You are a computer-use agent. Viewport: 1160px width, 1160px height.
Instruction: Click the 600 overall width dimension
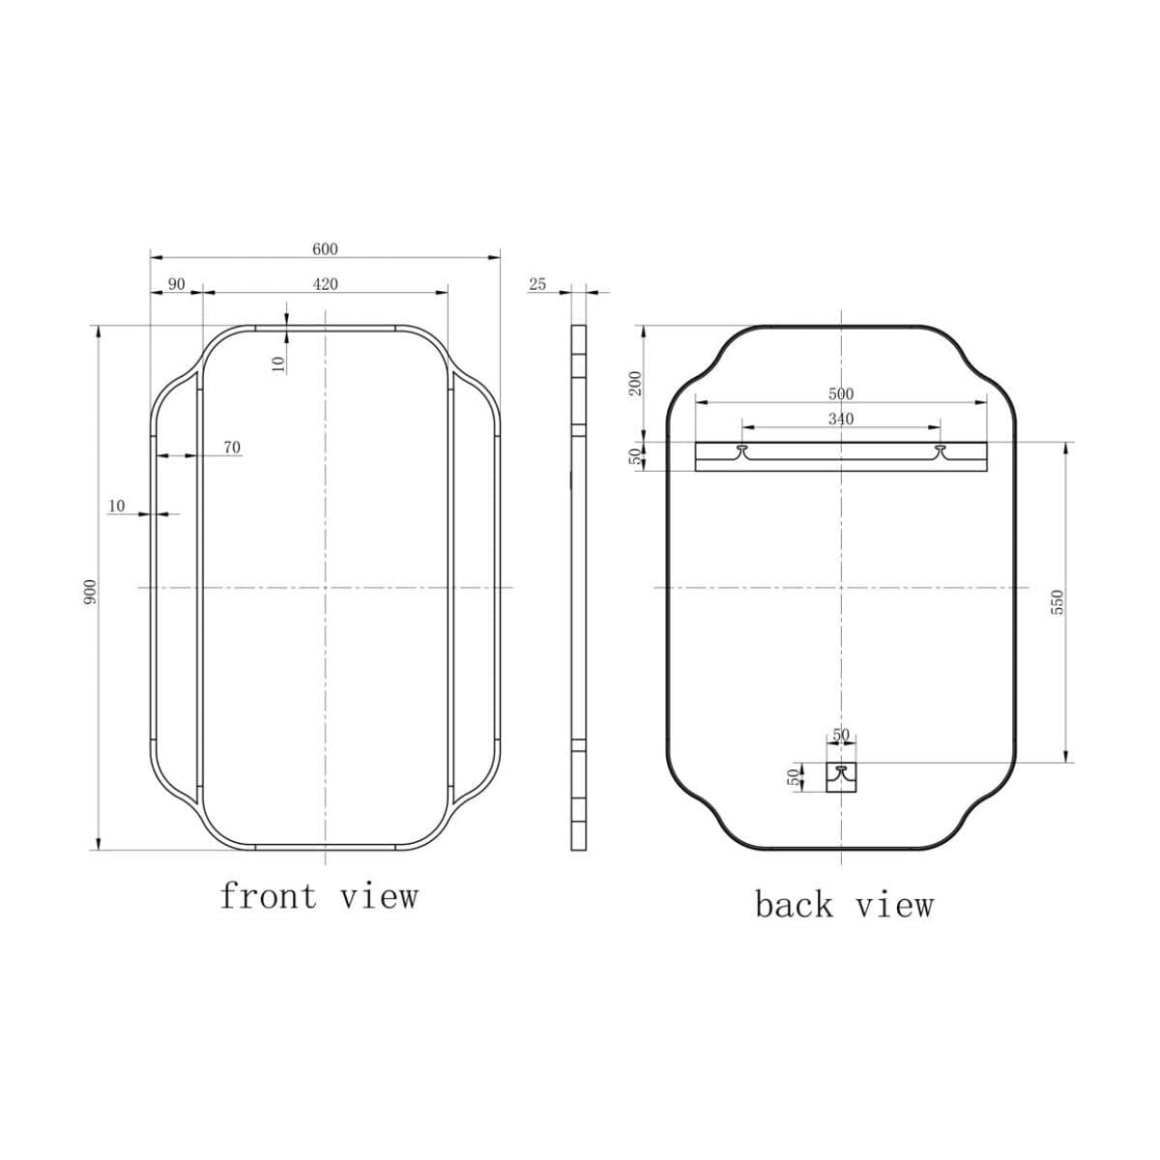(x=325, y=249)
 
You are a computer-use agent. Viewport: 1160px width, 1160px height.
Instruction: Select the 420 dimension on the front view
(x=325, y=284)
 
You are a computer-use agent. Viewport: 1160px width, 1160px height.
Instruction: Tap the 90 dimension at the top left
(x=176, y=284)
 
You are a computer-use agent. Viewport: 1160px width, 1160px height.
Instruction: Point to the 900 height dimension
(x=89, y=592)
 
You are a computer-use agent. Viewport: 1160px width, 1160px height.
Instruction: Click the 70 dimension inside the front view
(x=232, y=448)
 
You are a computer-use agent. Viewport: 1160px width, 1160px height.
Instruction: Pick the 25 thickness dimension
(x=537, y=284)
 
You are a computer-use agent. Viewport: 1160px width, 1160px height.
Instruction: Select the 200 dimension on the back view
(x=634, y=383)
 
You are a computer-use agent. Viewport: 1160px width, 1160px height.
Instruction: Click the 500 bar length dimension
(x=841, y=394)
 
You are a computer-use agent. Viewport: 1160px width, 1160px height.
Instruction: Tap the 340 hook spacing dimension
(x=841, y=419)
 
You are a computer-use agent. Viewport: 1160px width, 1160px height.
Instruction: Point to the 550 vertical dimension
(x=1057, y=601)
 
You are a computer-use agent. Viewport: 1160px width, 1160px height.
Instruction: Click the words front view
(x=319, y=896)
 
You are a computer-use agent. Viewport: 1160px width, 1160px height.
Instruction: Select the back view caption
(x=844, y=906)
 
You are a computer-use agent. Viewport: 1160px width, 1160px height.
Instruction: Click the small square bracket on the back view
(x=841, y=776)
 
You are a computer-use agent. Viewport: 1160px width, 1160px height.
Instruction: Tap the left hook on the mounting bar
(x=742, y=450)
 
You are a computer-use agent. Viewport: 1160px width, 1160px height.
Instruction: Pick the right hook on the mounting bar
(x=940, y=450)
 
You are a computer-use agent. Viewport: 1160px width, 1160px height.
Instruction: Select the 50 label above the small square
(x=841, y=736)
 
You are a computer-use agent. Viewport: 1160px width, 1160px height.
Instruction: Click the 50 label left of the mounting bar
(x=634, y=456)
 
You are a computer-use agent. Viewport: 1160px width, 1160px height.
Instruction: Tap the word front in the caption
(x=268, y=896)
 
